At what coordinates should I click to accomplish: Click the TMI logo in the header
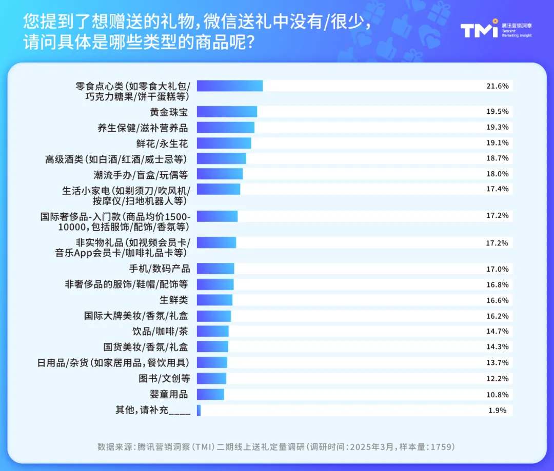[479, 30]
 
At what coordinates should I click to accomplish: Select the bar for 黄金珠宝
[227, 112]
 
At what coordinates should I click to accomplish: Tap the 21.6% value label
[497, 86]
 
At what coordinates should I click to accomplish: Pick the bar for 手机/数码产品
[215, 269]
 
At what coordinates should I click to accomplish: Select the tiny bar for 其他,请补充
[199, 410]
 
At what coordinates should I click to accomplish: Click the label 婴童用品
[169, 394]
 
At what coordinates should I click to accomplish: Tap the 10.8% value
[497, 395]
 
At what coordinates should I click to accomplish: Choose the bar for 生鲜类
[214, 300]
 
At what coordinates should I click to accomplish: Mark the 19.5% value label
[497, 112]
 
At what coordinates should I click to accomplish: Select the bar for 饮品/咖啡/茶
[213, 332]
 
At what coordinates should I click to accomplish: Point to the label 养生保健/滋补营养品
[143, 128]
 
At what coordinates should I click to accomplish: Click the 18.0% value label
[497, 174]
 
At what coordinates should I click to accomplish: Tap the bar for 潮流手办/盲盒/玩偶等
[220, 174]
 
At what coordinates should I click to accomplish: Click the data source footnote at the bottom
[276, 447]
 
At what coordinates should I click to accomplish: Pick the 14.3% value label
[497, 347]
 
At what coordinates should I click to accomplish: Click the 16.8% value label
[497, 284]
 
